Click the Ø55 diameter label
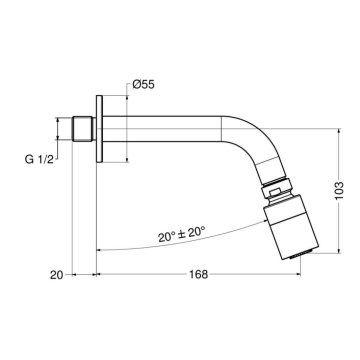(x=143, y=84)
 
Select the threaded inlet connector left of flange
(x=83, y=131)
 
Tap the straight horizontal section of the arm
(x=170, y=131)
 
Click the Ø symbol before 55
(x=136, y=84)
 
